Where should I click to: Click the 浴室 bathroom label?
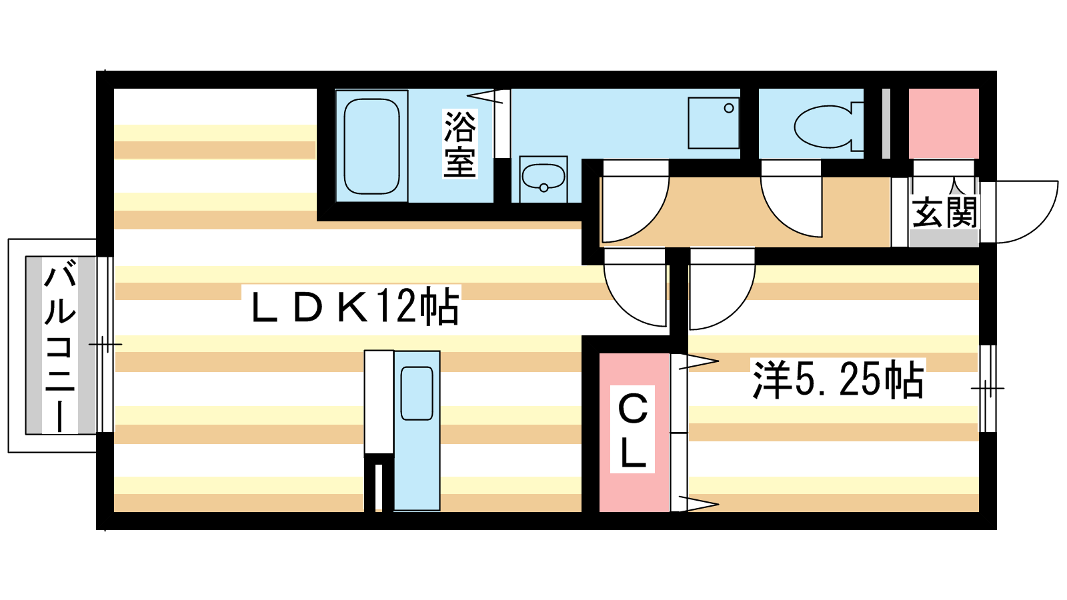(459, 144)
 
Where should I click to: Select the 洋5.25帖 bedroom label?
(838, 379)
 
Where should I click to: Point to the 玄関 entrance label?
(944, 212)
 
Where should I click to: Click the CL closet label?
(633, 429)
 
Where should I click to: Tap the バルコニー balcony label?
(60, 346)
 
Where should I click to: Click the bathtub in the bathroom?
(371, 146)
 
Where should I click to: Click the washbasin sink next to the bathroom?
(544, 179)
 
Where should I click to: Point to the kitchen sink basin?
(417, 393)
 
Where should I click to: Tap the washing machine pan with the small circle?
(714, 123)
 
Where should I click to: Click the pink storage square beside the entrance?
(944, 123)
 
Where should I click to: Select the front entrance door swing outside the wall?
(1020, 211)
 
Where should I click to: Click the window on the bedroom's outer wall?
(988, 389)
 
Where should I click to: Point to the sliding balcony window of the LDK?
(105, 344)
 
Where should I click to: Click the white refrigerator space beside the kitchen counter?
(379, 403)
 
